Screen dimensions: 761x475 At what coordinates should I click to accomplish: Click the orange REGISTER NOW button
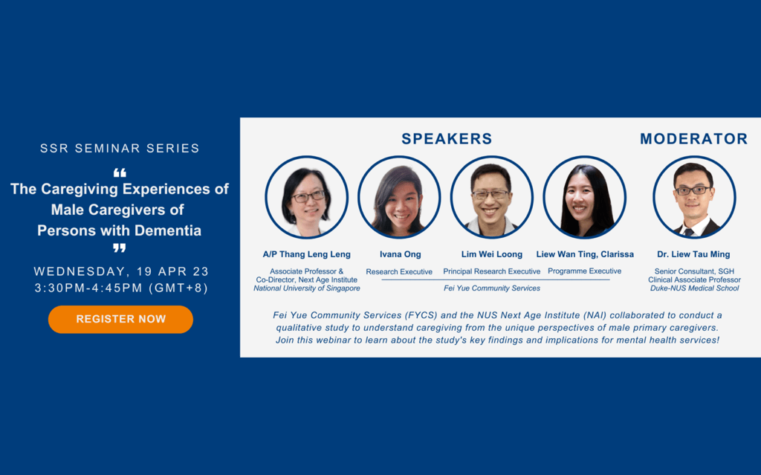point(120,319)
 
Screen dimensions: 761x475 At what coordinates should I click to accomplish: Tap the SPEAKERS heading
point(447,139)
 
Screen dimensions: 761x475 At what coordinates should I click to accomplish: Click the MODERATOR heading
point(693,139)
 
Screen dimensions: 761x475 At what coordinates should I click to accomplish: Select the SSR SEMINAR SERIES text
point(120,148)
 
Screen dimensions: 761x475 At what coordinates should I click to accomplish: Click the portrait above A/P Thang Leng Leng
point(307,197)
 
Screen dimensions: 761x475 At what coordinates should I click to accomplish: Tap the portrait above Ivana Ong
point(399,197)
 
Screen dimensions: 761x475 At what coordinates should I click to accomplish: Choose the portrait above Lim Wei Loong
point(492,197)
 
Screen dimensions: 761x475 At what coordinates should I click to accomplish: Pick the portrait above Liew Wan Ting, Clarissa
point(584,197)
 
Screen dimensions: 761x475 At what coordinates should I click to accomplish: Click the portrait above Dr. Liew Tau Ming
point(694,197)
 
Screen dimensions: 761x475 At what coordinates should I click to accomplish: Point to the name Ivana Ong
point(401,254)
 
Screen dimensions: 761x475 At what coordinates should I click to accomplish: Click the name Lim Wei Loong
point(492,254)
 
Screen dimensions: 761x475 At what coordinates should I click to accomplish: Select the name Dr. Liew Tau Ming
point(693,254)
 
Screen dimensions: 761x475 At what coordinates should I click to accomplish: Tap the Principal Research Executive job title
point(492,271)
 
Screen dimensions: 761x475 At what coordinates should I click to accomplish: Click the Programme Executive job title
point(584,271)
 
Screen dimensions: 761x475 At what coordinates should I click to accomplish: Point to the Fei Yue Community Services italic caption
point(492,288)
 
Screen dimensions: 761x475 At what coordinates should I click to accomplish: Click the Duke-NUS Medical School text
point(695,288)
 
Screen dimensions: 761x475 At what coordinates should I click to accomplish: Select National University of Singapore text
point(307,288)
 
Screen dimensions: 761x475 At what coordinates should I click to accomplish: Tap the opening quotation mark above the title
point(120,172)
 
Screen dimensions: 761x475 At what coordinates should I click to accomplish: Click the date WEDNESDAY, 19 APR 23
point(121,271)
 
